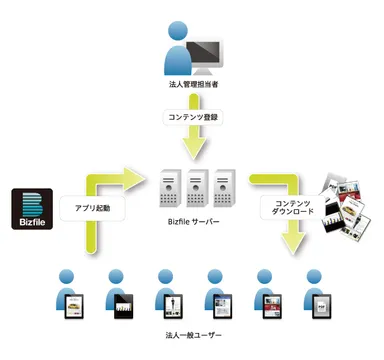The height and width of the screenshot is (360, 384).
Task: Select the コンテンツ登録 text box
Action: [192, 116]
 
